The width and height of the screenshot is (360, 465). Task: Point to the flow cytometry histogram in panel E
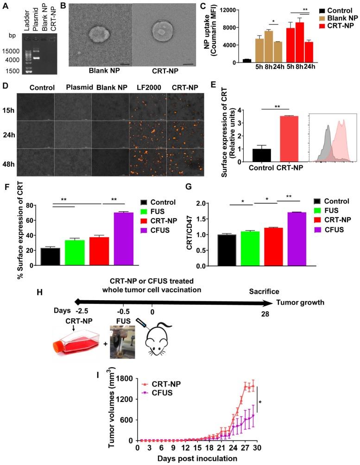[333, 140]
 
